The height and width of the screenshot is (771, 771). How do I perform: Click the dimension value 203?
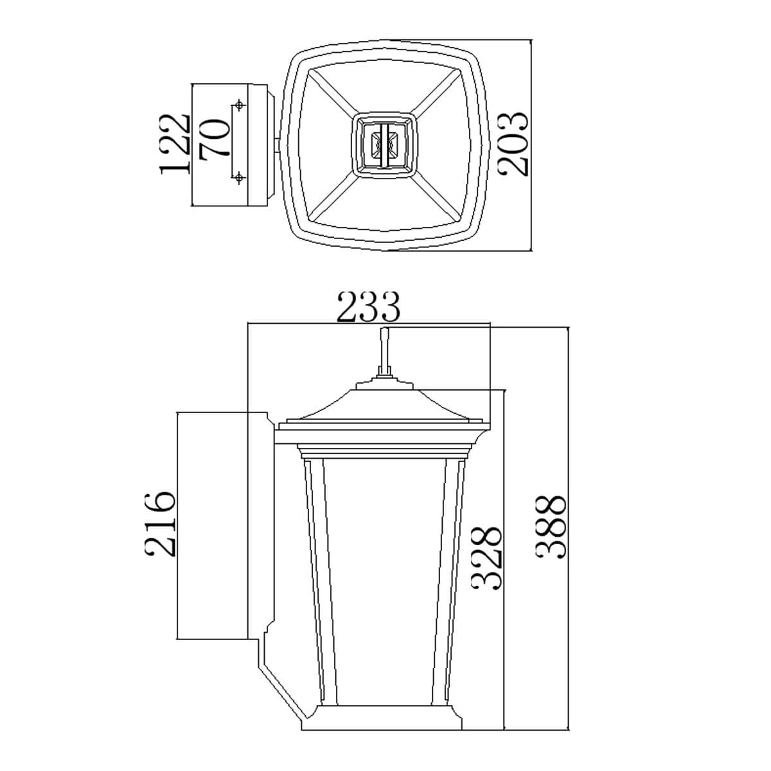point(513,144)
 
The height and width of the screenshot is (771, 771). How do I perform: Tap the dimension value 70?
point(215,138)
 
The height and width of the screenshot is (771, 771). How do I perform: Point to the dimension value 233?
point(368,307)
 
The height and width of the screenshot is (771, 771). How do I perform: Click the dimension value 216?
point(160,524)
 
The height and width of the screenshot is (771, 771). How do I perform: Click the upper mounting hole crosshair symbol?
point(239,105)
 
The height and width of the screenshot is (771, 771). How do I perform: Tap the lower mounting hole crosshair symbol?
point(239,177)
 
